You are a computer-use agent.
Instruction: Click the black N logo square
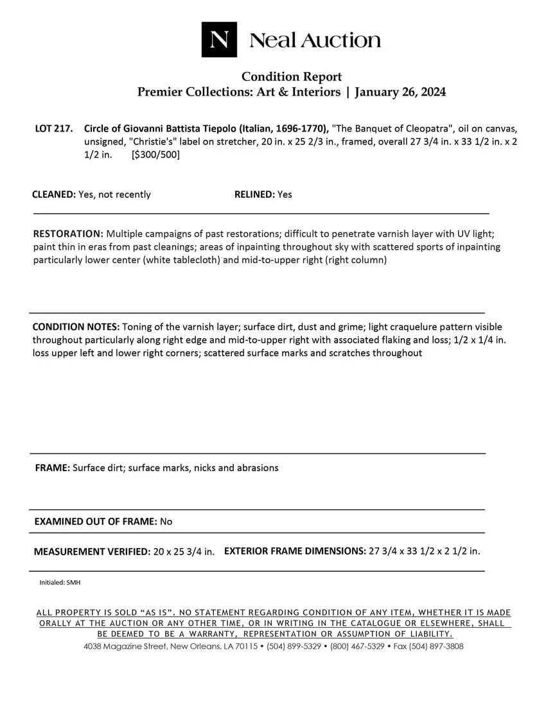point(219,40)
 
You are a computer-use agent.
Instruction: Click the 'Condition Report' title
point(292,77)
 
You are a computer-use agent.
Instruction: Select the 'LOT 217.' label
point(53,128)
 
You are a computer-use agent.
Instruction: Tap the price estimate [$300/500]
point(155,155)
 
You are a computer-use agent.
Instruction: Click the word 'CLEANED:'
point(53,194)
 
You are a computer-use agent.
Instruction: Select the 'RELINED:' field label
point(254,194)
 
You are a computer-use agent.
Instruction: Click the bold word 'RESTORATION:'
point(68,234)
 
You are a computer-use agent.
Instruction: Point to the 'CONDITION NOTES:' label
point(76,327)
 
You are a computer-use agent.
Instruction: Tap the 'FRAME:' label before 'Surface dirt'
point(52,468)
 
